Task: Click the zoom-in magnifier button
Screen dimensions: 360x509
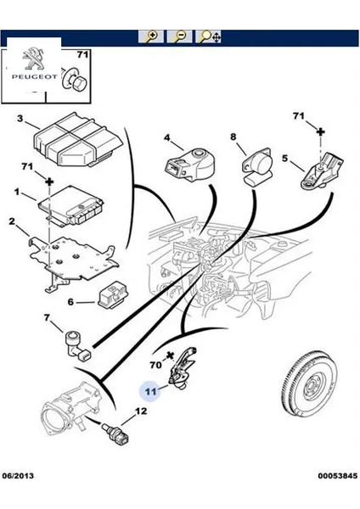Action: (x=151, y=36)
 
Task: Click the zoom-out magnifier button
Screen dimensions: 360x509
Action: (x=179, y=36)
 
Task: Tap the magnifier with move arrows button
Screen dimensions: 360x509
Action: (x=208, y=36)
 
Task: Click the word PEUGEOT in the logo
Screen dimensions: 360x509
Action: (x=35, y=77)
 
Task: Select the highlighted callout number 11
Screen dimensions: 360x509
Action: (x=150, y=391)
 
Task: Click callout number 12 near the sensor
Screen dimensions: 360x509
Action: (x=141, y=411)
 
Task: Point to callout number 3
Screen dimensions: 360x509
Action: (x=20, y=119)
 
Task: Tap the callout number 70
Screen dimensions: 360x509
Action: (x=156, y=365)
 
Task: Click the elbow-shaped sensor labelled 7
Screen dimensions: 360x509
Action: (x=79, y=347)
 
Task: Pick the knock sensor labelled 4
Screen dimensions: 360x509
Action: (x=188, y=164)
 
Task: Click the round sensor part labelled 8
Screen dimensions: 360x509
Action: (x=256, y=166)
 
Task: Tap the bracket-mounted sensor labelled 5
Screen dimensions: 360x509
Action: (x=321, y=171)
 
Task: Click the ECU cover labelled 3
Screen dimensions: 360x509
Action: (x=78, y=140)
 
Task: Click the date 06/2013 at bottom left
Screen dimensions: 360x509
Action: (x=18, y=476)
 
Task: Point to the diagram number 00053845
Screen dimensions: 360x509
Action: (x=338, y=476)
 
